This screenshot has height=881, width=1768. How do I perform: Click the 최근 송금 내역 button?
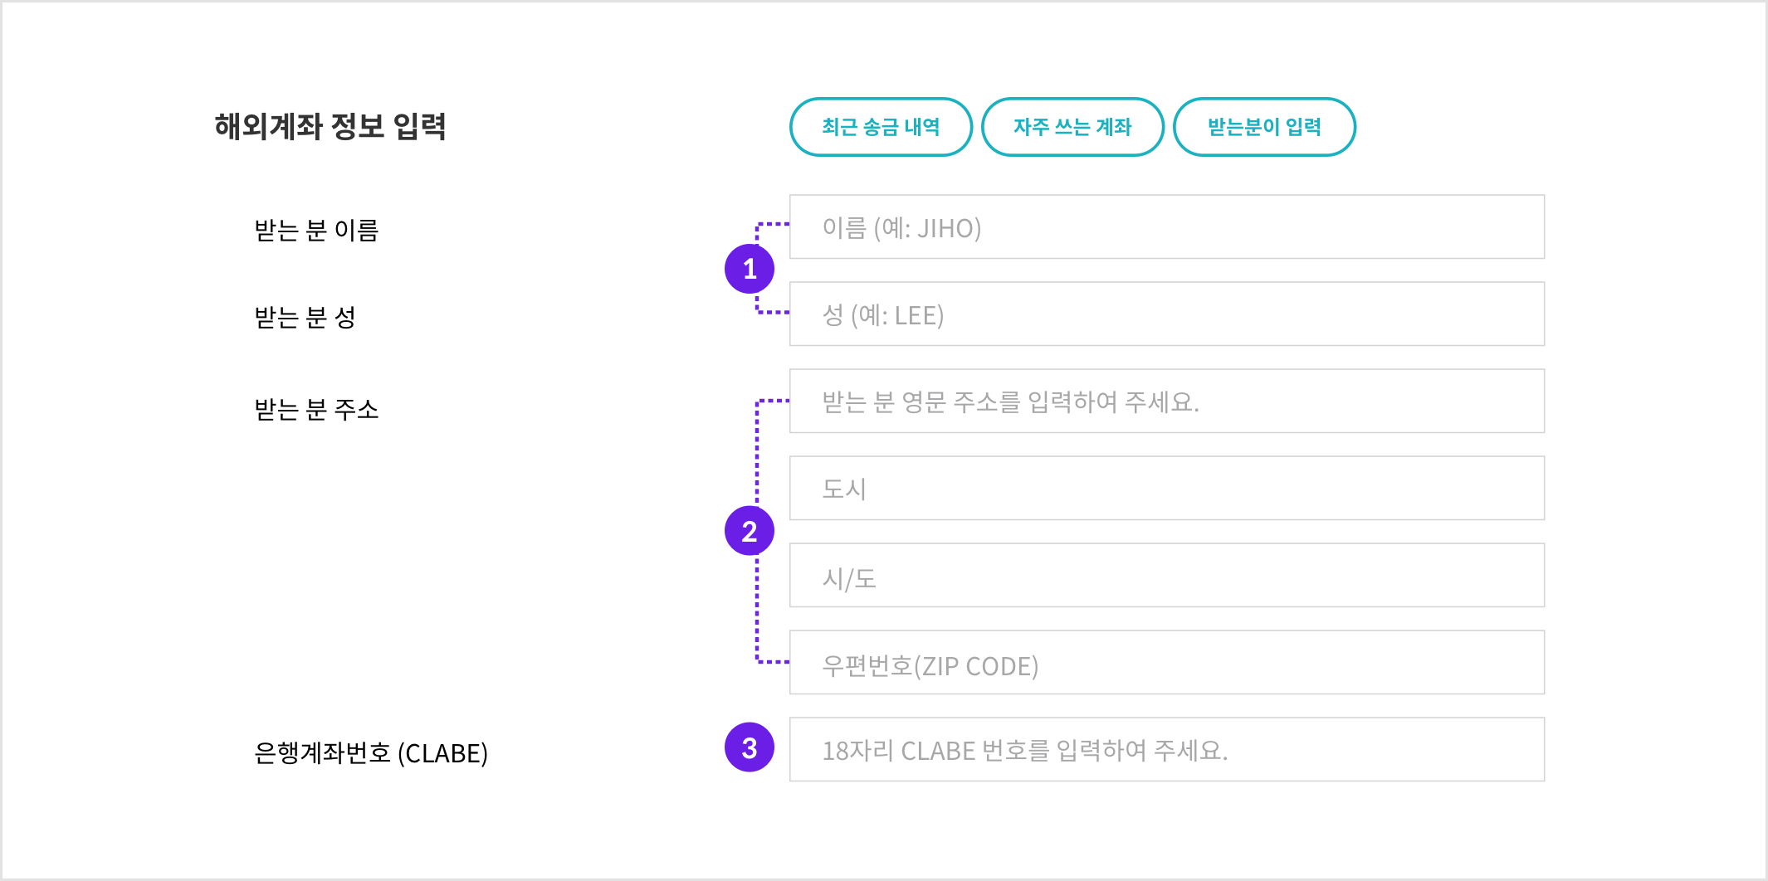click(x=881, y=127)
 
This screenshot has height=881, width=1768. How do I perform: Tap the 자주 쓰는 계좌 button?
click(x=1072, y=127)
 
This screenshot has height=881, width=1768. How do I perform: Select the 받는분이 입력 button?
click(x=1264, y=127)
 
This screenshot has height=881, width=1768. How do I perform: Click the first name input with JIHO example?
click(x=1166, y=226)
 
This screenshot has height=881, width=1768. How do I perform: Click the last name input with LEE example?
click(x=1166, y=314)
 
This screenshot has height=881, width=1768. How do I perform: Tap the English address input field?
click(x=1166, y=401)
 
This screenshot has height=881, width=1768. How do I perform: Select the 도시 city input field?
click(x=1166, y=488)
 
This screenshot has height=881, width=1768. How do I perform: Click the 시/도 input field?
click(x=1166, y=575)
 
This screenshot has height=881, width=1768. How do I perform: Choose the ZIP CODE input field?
click(x=1166, y=662)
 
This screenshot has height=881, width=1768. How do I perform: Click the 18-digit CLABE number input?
click(x=1166, y=749)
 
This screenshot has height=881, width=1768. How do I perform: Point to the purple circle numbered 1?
click(x=750, y=269)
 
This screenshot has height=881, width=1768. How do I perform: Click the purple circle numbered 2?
click(x=750, y=531)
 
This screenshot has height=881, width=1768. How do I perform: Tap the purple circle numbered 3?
click(x=750, y=747)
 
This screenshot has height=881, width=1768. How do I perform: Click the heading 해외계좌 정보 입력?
click(x=330, y=126)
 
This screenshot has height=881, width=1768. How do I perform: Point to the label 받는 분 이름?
click(x=316, y=230)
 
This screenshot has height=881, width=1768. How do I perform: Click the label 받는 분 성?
click(x=305, y=317)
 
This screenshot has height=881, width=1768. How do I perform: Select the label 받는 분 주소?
click(x=316, y=409)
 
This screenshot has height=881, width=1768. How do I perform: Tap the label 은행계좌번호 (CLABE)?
click(x=371, y=753)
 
